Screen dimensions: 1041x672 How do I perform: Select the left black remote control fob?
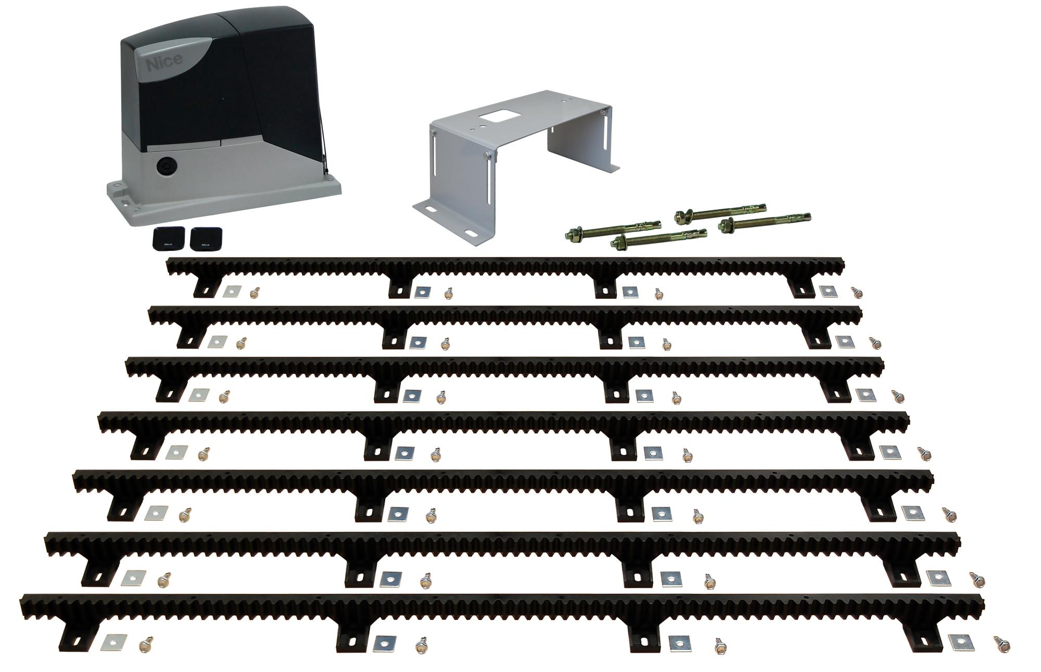167,238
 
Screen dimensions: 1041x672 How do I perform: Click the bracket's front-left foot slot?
433,210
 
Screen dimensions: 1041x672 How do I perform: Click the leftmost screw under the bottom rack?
145,644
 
